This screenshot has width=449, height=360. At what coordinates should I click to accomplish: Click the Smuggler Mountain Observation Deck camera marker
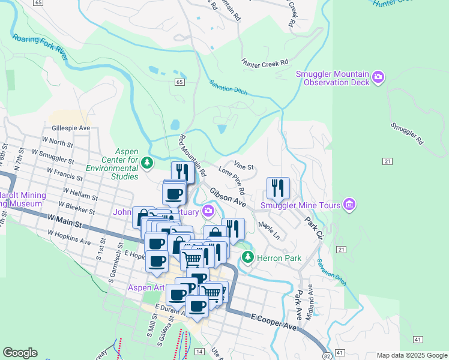click(378, 76)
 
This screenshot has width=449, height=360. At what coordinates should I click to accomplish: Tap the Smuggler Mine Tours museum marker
click(349, 206)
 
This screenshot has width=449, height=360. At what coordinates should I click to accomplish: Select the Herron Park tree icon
click(247, 257)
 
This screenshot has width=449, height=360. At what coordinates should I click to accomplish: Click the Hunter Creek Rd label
click(265, 62)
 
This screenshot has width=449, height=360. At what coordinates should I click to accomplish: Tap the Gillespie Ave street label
click(71, 128)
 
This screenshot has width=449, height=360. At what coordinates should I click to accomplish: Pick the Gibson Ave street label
click(228, 197)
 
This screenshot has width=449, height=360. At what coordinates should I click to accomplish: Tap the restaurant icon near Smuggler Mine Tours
click(278, 187)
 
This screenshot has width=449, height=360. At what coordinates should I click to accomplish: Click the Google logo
click(20, 353)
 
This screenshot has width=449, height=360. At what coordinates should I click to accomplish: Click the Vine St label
click(244, 166)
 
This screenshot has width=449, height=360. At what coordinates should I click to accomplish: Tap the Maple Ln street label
click(269, 232)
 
